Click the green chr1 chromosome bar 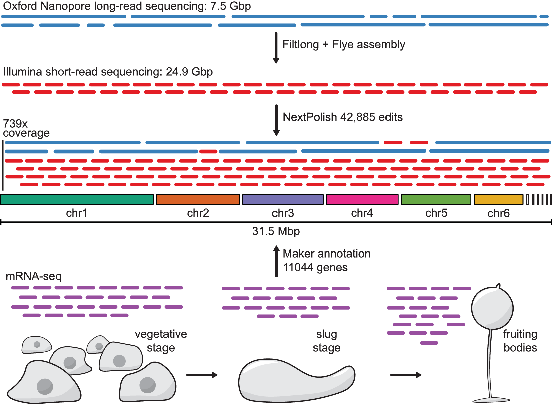tap(77, 199)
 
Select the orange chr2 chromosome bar tap(198, 199)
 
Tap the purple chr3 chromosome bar tap(283, 199)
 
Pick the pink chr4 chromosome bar tap(362, 199)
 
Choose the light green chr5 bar tap(436, 199)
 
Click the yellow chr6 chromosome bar tap(498, 199)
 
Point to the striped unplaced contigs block tap(539, 199)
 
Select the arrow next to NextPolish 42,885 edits tap(276, 120)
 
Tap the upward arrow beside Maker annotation tap(276, 261)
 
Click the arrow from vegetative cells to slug tap(202, 375)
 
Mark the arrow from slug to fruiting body tap(406, 375)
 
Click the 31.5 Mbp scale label tap(276, 231)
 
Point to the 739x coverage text tap(26, 128)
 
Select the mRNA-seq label tap(33, 276)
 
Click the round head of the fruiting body tap(492, 308)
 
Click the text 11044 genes tap(315, 267)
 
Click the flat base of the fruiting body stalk tap(491, 400)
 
